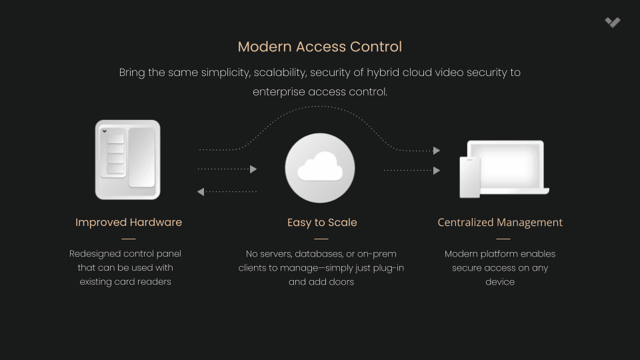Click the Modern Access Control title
[320, 47]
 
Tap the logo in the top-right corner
[613, 22]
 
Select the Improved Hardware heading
[129, 222]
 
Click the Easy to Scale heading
[322, 222]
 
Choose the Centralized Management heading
[500, 222]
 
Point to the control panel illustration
[128, 160]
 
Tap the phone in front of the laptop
[470, 178]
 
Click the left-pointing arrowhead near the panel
[201, 192]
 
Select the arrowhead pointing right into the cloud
[253, 169]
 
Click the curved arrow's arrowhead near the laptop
[437, 151]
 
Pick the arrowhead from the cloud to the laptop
[437, 170]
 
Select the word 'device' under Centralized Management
[500, 282]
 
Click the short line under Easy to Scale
[321, 238]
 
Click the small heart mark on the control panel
[105, 131]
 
